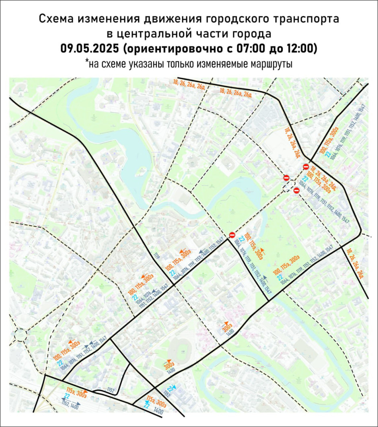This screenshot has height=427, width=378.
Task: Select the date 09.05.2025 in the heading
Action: [90, 48]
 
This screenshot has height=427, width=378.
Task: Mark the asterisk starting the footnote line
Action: [86, 62]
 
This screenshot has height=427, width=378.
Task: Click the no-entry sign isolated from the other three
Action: [232, 235]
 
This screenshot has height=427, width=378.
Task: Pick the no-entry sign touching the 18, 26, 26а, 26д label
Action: [306, 167]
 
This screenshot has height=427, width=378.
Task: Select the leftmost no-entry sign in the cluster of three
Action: [286, 178]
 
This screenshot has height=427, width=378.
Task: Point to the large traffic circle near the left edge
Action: [19, 334]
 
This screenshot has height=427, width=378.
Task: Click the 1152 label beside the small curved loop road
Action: [111, 390]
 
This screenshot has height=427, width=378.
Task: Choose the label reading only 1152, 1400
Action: [70, 403]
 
